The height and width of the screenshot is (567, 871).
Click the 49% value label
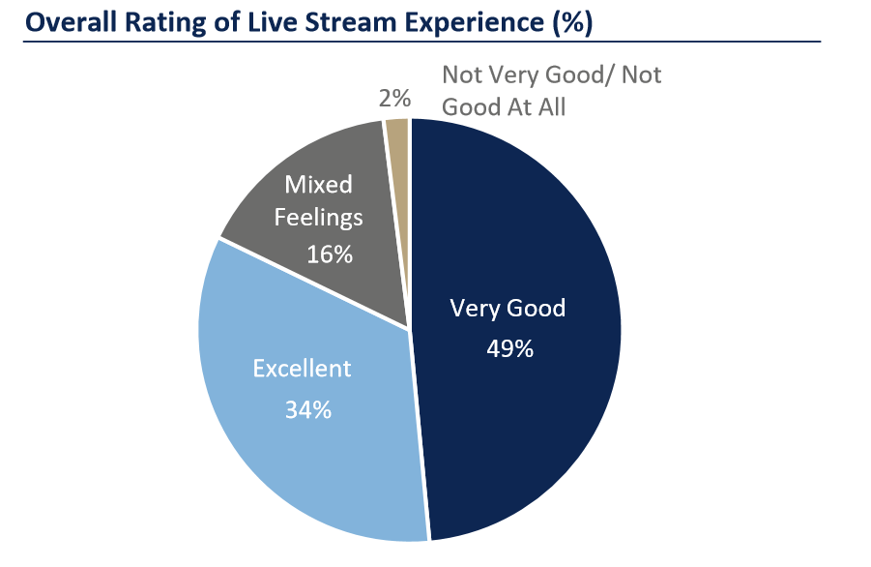coord(509,348)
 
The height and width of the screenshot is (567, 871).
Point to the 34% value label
coord(308,409)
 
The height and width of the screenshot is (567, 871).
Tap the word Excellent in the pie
coord(303,369)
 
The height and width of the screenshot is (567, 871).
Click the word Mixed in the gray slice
coord(318,184)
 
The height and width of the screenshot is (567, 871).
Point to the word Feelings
coord(319,217)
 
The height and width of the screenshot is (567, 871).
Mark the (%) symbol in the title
coord(570,20)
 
